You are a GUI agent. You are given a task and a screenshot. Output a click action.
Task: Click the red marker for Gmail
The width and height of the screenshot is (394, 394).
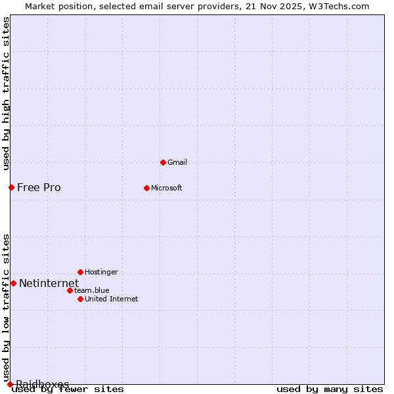[163, 162]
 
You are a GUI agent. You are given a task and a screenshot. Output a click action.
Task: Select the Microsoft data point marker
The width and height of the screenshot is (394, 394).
[146, 188]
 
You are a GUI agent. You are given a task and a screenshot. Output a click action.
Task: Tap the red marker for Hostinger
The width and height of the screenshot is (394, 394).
[80, 272]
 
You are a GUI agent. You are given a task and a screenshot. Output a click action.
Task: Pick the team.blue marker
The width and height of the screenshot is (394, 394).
[70, 290]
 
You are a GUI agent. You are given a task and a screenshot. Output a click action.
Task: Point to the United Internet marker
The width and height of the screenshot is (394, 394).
[80, 299]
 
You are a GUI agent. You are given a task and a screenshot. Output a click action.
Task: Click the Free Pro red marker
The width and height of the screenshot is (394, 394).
[11, 187]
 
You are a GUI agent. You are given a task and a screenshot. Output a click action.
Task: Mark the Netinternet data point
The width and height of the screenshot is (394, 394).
[13, 283]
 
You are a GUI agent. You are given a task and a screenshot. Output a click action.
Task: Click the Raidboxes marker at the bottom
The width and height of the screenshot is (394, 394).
[10, 384]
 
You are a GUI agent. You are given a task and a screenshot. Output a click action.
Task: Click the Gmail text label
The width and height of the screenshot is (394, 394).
[177, 162]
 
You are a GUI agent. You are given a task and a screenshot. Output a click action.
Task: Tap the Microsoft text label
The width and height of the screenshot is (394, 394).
[166, 188]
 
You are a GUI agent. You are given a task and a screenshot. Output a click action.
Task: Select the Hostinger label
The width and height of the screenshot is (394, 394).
[101, 272]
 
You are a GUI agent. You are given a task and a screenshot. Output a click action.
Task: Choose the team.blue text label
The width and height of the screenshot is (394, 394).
[91, 290]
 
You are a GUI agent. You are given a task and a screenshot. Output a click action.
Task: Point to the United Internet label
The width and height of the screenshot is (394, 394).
[111, 299]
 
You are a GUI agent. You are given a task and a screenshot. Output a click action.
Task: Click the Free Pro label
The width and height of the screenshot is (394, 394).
[39, 187]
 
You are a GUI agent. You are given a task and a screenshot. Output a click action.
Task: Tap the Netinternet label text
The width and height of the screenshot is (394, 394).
[49, 283]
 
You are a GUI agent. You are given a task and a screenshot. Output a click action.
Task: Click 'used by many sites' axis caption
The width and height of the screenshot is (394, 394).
[330, 389]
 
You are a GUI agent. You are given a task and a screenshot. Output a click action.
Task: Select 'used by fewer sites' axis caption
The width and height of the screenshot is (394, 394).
[68, 389]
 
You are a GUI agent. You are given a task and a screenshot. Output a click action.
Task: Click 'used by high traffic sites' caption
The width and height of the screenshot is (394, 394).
[6, 93]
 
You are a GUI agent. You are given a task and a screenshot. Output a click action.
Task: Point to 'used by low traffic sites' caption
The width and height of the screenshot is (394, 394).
[6, 307]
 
